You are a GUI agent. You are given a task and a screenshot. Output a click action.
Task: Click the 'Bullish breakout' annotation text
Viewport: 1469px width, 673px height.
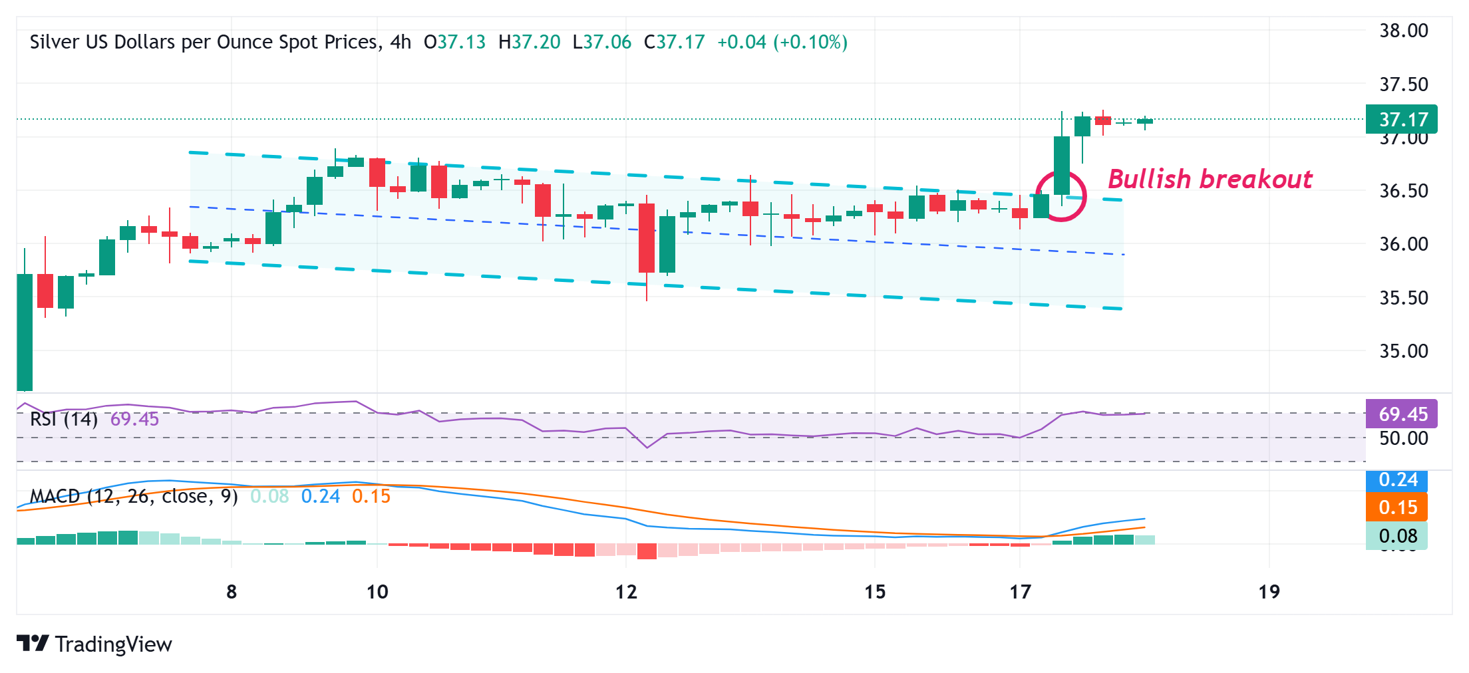[1210, 180]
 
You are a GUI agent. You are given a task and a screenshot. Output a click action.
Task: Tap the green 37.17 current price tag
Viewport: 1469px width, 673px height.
[1401, 120]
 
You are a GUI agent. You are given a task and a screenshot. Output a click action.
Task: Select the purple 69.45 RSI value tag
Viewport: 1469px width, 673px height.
[1401, 414]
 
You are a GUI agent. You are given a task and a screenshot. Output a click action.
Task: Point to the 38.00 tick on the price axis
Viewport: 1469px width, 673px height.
[1404, 31]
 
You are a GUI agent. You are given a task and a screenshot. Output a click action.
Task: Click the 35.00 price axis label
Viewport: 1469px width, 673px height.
[1404, 351]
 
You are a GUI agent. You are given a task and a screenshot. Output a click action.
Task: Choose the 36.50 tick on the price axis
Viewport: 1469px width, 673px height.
[1404, 191]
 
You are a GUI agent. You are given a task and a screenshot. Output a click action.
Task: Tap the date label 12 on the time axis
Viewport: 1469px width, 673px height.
[626, 592]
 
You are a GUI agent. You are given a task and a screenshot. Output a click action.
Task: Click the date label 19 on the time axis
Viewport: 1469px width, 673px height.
[1269, 592]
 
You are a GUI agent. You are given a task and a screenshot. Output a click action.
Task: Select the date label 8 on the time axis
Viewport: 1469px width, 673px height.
[232, 592]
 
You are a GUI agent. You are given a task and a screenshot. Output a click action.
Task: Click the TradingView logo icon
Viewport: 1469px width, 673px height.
[33, 643]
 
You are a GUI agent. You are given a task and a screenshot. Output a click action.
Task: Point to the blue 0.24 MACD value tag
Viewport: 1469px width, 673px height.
[1397, 479]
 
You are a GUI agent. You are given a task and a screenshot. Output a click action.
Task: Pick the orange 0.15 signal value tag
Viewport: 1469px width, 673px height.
[1397, 507]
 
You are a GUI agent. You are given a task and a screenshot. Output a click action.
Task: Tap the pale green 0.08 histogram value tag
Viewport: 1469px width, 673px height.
[1397, 536]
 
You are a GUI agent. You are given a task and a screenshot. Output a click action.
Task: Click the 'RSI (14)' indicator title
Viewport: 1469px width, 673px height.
[64, 419]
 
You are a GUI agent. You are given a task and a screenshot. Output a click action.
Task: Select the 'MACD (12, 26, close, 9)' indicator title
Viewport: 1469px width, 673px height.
[134, 496]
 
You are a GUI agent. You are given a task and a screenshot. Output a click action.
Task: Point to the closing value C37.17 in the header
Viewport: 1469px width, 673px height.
[674, 43]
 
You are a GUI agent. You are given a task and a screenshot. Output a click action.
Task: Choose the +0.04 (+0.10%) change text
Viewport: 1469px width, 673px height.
[782, 43]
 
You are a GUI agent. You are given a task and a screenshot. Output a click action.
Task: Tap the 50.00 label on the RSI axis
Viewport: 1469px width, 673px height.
[1404, 438]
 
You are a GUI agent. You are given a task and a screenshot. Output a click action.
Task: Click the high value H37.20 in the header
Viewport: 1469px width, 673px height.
[530, 43]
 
